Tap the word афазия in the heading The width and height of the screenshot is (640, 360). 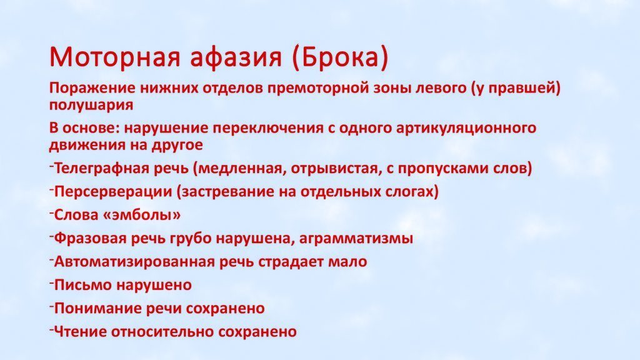236,57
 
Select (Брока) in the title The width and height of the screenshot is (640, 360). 340,57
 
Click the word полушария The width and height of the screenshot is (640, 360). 91,105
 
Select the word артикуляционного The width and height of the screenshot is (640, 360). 466,128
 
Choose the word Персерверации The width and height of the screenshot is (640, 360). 112,191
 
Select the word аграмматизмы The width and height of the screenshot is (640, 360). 356,238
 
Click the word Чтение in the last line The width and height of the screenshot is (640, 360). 81,331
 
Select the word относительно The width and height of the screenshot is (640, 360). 162,331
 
